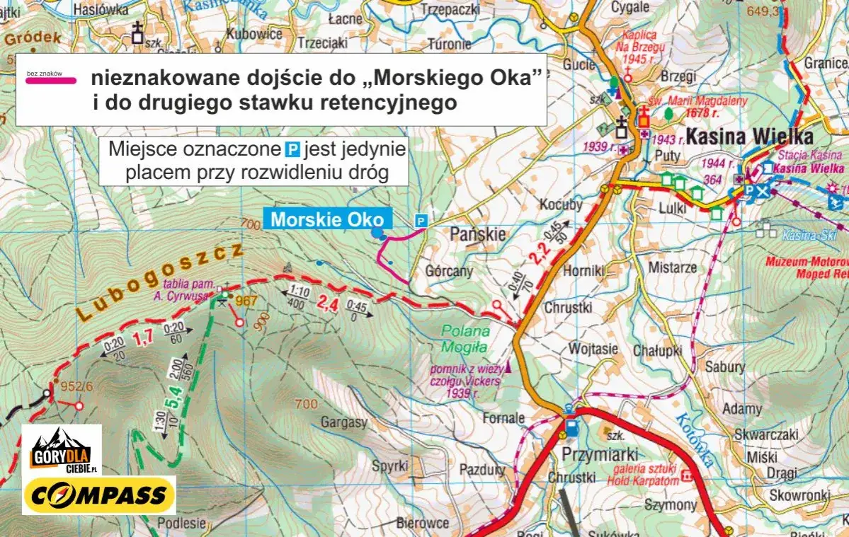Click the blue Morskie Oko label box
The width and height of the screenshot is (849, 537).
click(x=327, y=219)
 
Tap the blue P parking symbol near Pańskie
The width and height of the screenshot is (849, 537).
click(x=421, y=221)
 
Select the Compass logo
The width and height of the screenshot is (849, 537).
click(x=99, y=495)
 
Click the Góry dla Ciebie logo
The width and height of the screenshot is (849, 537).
click(x=62, y=451)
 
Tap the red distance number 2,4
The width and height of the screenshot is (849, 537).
click(x=328, y=305)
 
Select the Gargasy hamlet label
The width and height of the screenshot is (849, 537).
click(x=344, y=423)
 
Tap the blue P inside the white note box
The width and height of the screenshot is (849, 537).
click(x=292, y=151)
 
